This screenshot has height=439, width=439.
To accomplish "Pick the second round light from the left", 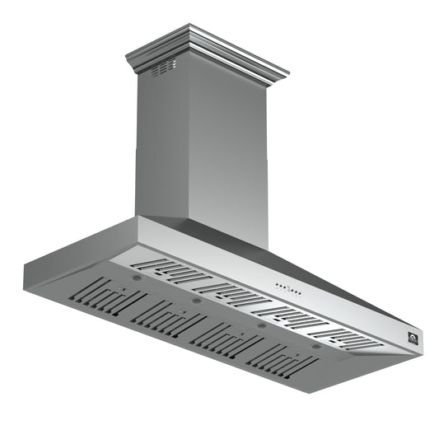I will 196,301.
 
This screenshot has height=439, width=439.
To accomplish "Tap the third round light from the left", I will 261,325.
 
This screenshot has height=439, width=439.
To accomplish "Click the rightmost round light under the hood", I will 316,346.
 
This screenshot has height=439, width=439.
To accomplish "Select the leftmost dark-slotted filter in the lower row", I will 110,298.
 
